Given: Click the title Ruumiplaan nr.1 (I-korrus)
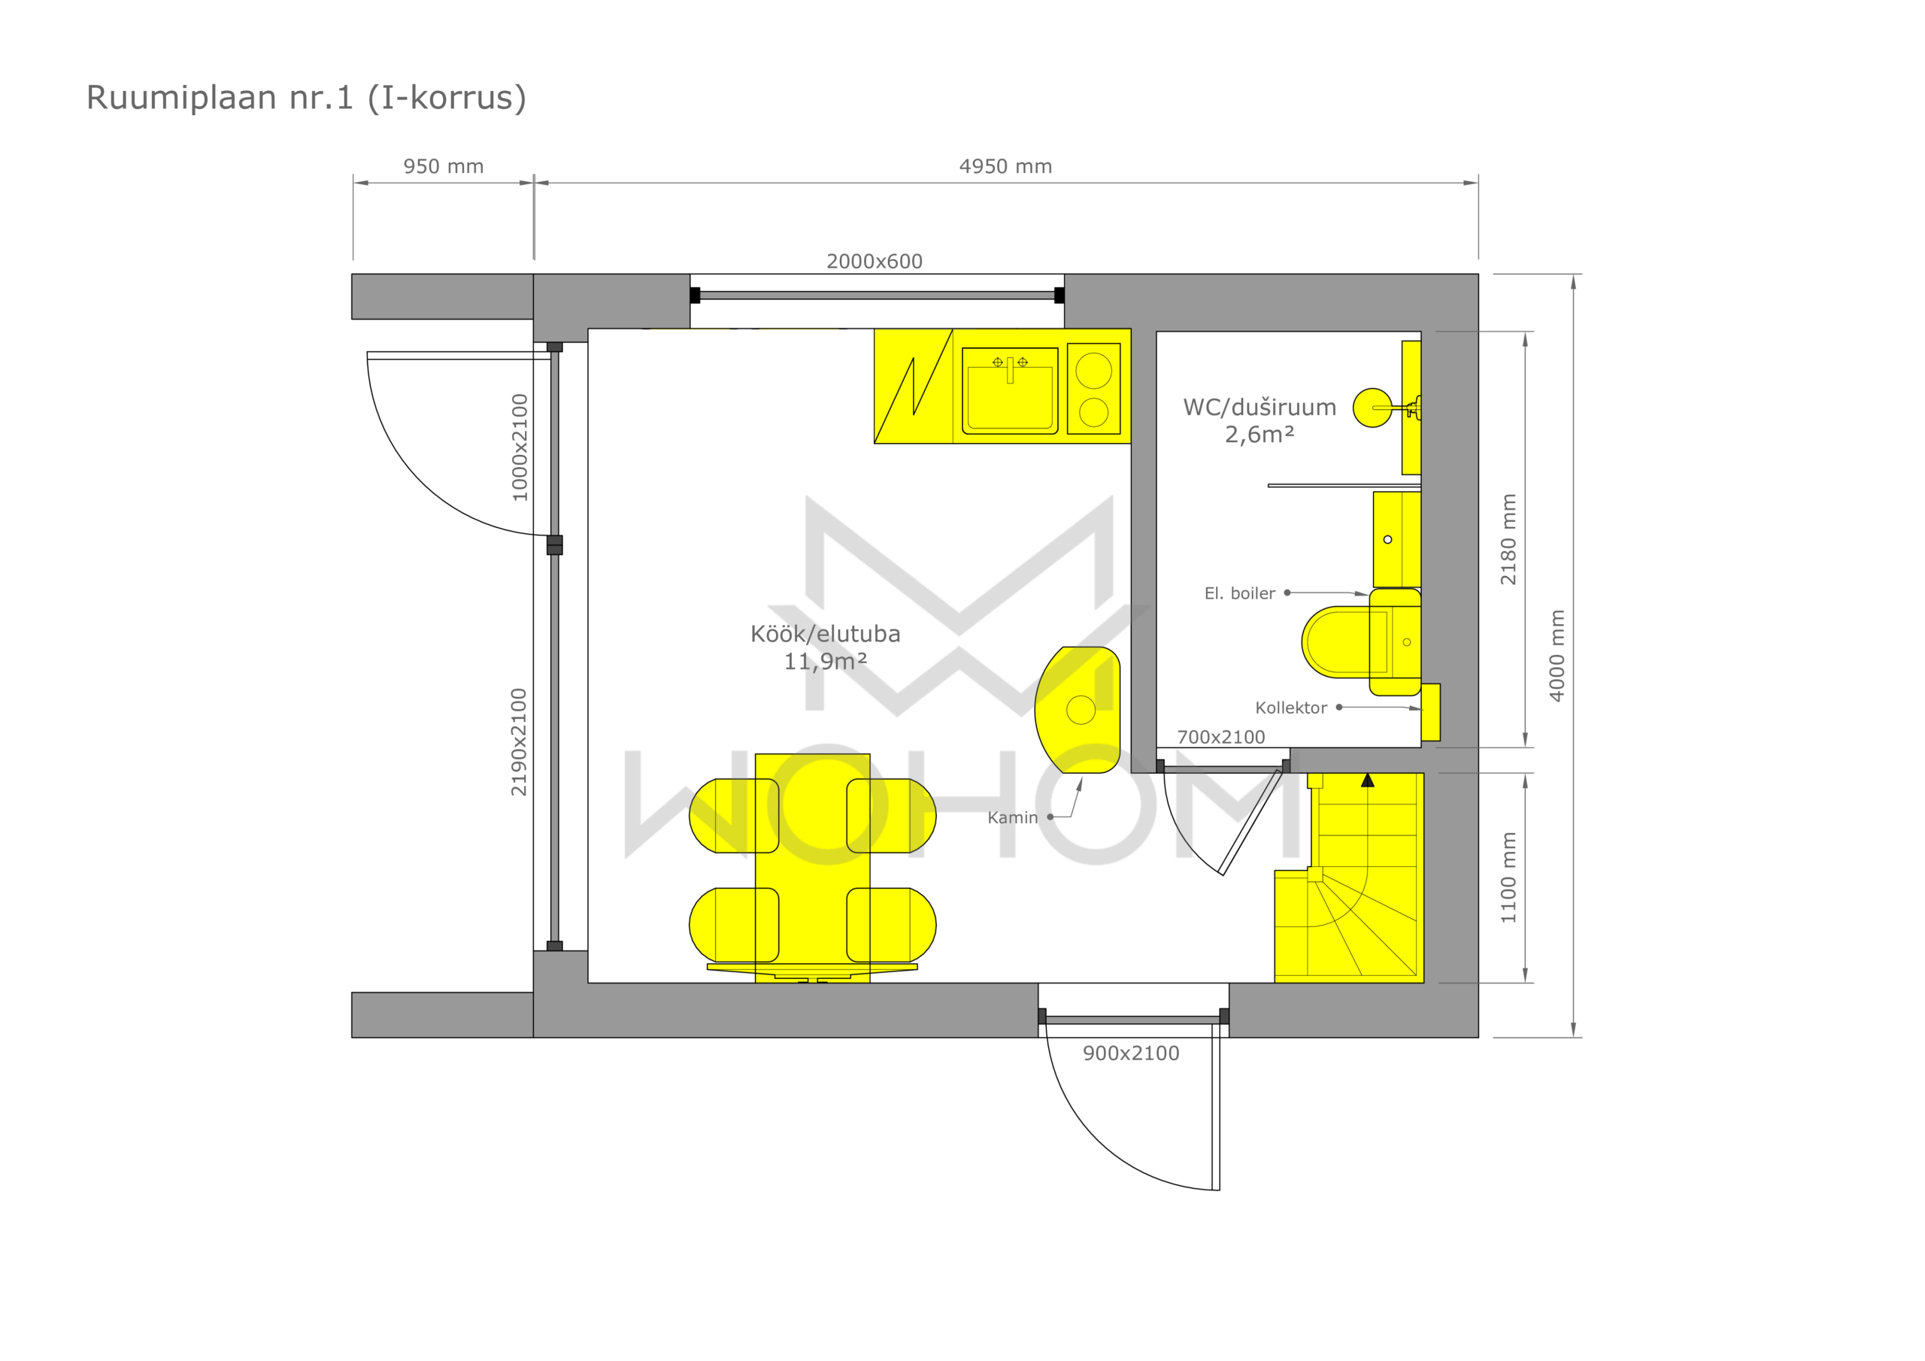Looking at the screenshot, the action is (x=306, y=98).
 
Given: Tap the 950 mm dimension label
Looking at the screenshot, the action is (x=444, y=166).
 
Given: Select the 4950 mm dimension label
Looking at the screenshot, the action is (x=1005, y=166).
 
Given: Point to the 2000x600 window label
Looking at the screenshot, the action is (x=875, y=261).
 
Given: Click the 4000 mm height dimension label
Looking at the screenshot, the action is (x=1557, y=656).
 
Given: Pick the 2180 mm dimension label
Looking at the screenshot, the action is (x=1508, y=539).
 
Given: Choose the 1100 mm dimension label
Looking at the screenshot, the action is (x=1508, y=878).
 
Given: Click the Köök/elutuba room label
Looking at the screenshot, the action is (x=826, y=634).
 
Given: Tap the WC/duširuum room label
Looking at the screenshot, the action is (x=1260, y=408).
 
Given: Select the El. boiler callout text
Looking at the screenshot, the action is (x=1240, y=593).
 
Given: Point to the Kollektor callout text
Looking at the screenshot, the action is (x=1291, y=708).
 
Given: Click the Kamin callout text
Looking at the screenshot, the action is (x=1013, y=817).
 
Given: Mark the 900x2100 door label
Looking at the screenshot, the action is (x=1131, y=1053).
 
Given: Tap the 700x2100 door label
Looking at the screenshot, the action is (x=1220, y=737).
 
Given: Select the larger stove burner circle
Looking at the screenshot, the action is (x=1094, y=371).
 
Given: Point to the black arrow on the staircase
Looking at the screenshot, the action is (x=1368, y=780).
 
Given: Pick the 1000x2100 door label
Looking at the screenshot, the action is (x=520, y=448).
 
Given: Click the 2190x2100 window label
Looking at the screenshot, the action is (x=519, y=742).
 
